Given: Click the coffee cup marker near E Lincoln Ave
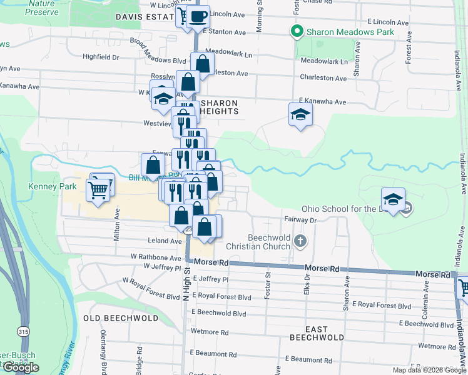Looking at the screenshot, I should (x=198, y=17).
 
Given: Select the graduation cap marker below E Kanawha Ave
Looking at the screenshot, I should (x=300, y=114).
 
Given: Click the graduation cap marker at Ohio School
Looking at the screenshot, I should (x=392, y=200).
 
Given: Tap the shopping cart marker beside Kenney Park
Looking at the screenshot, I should (x=98, y=189).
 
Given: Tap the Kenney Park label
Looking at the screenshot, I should (x=52, y=186).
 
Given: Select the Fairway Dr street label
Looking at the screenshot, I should (x=302, y=219).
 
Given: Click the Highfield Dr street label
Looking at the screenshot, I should (x=101, y=57).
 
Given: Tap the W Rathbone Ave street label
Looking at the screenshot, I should (x=156, y=257).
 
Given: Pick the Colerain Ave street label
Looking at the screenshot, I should (x=425, y=298).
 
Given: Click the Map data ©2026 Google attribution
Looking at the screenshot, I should (x=429, y=370).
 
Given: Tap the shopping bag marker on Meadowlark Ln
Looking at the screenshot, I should (x=202, y=63).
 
